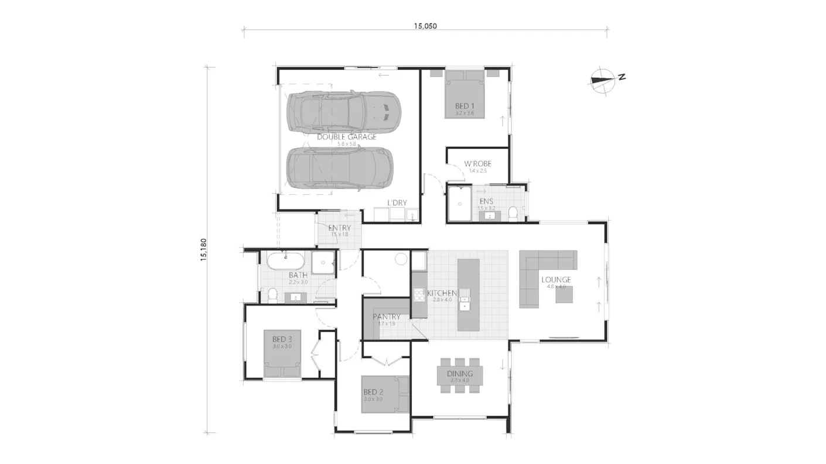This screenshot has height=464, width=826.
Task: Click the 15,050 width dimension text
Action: pos(425,26)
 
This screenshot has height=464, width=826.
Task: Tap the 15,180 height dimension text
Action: pos(204,249)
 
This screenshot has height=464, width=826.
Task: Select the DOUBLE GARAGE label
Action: pos(347,137)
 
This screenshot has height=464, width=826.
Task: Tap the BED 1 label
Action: pos(465,106)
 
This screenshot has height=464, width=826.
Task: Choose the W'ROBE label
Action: pos(477,164)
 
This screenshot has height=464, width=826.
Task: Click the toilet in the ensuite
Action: pos(513,213)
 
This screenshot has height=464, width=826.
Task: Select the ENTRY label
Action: pos(339,228)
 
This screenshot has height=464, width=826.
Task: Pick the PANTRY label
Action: pos(387,317)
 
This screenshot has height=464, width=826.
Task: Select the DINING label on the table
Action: pos(460,374)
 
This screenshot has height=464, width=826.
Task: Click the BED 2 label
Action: pos(373,392)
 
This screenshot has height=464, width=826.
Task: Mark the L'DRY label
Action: pos(397,203)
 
